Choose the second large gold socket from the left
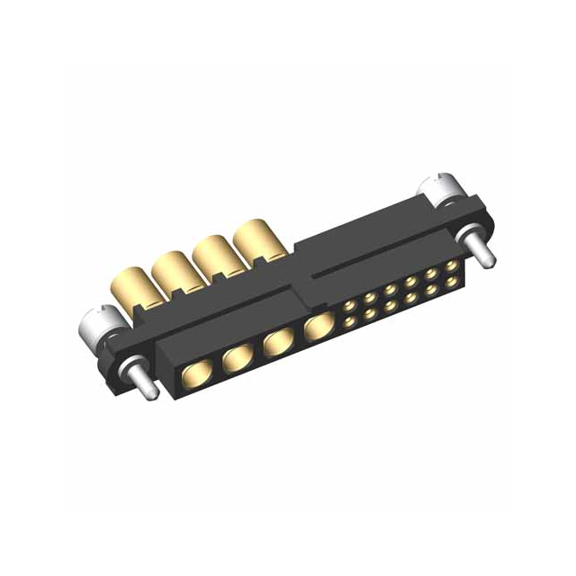(238, 358)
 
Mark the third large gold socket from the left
(278, 343)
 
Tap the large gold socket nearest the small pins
(317, 328)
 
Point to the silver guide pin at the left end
(142, 379)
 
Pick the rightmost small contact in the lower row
(450, 281)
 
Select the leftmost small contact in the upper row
(347, 306)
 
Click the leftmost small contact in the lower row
(348, 320)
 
